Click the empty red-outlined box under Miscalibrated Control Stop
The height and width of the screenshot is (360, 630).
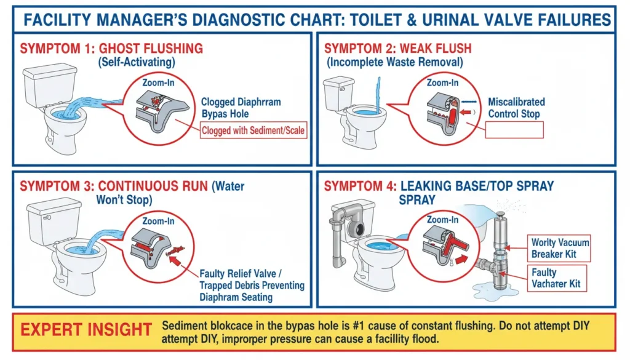[514, 130]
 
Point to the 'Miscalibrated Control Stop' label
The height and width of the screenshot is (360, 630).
[516, 108]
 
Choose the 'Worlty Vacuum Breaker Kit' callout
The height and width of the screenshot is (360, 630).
[560, 247]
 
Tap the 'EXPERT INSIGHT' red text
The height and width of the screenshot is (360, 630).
[86, 329]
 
